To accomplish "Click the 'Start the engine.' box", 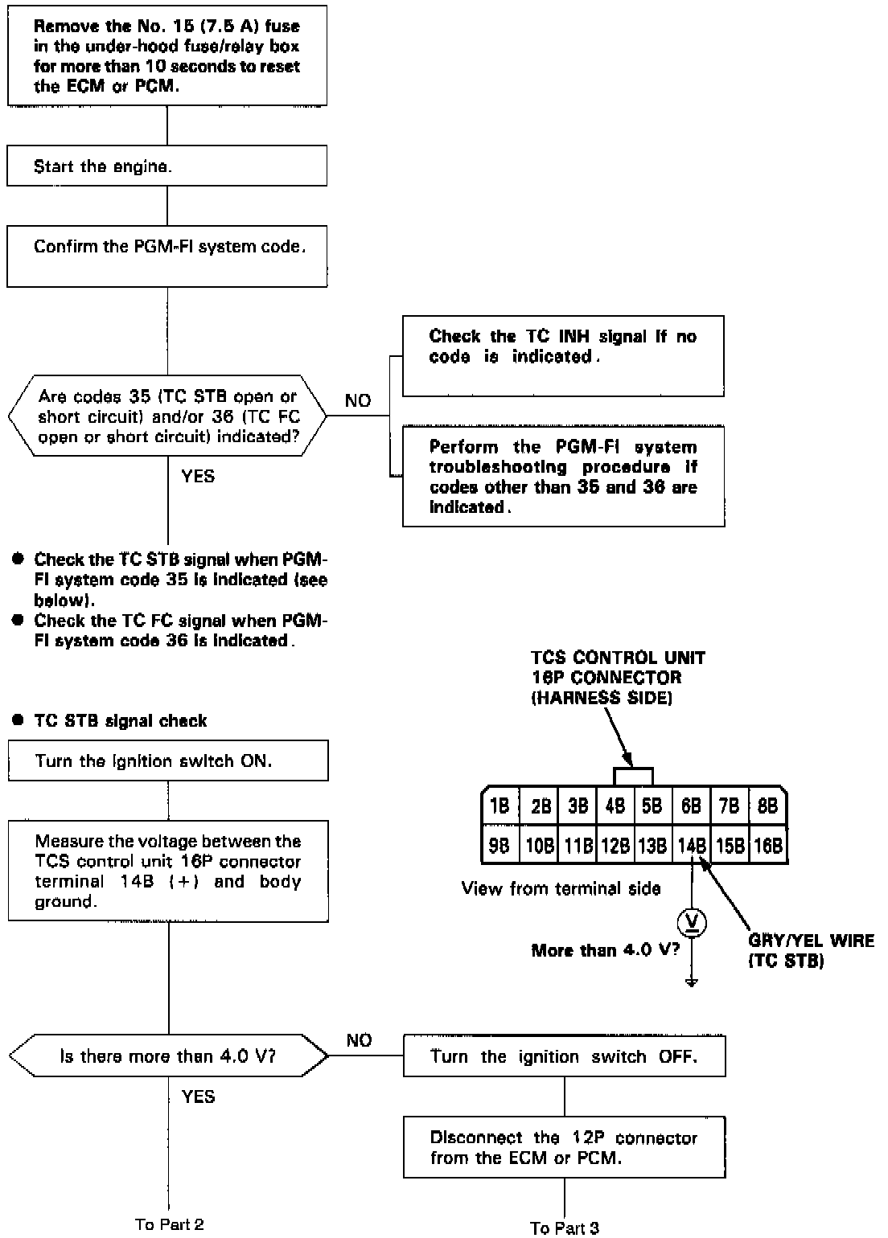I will point(167,166).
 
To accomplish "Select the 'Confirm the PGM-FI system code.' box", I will point(167,256).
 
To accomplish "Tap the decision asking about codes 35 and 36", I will point(167,416).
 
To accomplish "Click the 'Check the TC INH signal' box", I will point(563,355).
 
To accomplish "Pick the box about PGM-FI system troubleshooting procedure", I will point(563,476).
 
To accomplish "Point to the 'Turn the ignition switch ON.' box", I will point(168,760).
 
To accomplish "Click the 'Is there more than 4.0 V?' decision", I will point(168,1056).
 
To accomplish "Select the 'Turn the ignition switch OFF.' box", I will point(564,1056).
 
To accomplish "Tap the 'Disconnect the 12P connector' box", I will point(564,1148).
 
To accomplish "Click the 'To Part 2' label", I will point(169,1224).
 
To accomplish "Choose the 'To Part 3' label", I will point(565,1228).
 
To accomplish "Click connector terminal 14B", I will point(691,845).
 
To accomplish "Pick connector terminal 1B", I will point(499,806).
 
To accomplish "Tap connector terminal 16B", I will point(768,845).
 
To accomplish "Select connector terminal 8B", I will point(768,806).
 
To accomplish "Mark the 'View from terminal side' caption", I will point(561,888).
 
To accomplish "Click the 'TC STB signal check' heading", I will point(120,720).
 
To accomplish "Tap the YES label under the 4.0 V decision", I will point(198,1097).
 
